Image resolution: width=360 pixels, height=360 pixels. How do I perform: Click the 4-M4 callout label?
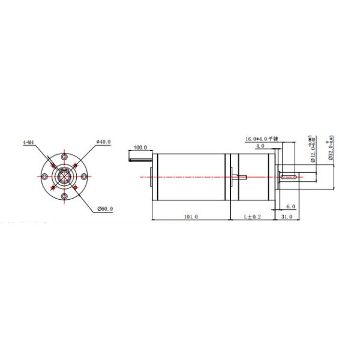28,142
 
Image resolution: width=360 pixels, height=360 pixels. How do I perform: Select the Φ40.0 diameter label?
104,142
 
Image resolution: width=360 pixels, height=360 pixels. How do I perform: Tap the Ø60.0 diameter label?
105,209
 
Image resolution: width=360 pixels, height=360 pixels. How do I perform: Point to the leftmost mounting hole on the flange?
45,176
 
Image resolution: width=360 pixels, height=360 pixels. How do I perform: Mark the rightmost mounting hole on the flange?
84,176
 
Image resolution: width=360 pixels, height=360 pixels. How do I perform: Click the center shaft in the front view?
64,176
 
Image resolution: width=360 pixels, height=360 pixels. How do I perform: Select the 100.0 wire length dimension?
140,147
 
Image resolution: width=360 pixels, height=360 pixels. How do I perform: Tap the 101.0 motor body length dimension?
190,217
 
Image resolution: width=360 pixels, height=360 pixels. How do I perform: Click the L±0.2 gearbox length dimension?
252,217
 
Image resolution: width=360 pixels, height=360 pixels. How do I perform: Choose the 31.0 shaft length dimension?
286,217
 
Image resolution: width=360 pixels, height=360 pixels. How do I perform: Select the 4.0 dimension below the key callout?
260,146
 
